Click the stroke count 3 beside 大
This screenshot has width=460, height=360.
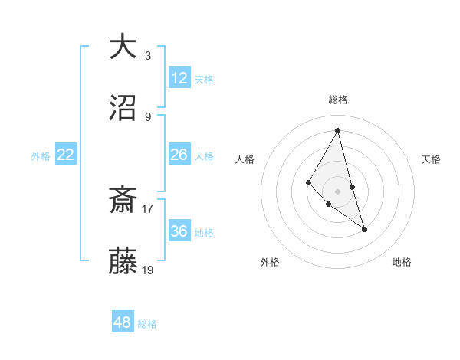coord(148,55)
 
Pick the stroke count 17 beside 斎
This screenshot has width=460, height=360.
coord(148,208)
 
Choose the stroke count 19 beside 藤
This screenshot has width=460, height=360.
coord(148,270)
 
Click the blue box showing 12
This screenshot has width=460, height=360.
coord(179,78)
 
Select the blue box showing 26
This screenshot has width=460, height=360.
coord(179,155)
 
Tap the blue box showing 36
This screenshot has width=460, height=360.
coord(179,231)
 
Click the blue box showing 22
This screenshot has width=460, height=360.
coord(66,155)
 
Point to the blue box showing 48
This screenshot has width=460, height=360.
coord(123,322)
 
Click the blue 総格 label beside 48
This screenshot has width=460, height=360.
coord(147,324)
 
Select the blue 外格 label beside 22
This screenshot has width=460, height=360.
coord(41,156)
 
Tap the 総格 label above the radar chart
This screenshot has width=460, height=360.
coord(338,100)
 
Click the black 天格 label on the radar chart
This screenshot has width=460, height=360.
coord(432,159)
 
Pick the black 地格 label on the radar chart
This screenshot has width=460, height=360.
coord(402,262)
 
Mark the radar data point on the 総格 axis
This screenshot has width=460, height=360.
coord(338,129)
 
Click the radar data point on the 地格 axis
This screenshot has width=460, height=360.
coord(365,229)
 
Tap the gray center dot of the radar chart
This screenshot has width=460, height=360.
coord(338,191)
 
